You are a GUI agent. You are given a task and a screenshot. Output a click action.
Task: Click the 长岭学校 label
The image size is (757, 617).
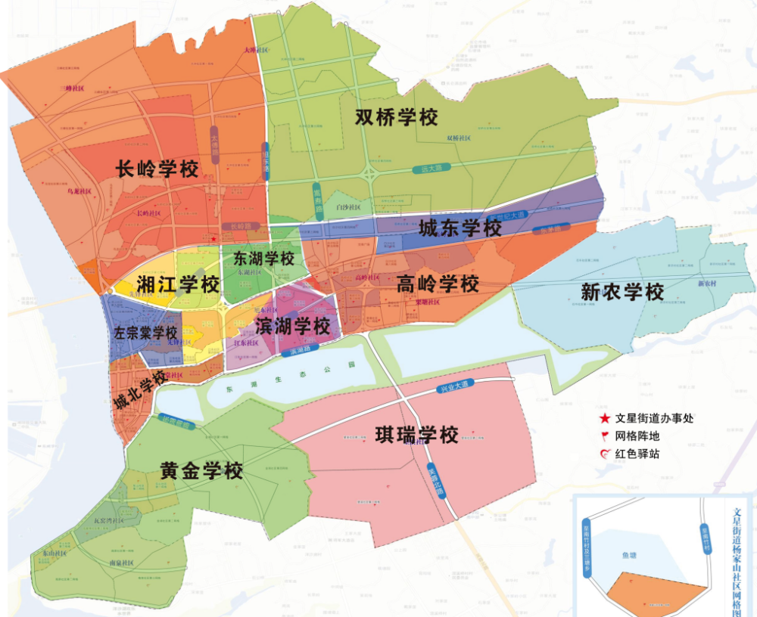point(157,169)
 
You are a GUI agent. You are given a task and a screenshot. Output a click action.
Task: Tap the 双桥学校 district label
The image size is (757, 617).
point(397,118)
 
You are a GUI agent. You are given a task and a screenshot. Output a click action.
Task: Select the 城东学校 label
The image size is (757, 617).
point(460,228)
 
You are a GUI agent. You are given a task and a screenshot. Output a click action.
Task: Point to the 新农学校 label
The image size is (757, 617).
point(622,291)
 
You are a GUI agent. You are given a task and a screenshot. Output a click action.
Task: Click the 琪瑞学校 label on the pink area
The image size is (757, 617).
point(417,436)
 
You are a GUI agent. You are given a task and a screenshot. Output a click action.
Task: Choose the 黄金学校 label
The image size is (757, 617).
point(201,471)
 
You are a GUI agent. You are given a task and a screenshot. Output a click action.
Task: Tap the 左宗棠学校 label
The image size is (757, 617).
point(145,333)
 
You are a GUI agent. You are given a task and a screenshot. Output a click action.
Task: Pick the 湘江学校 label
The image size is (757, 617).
point(179,285)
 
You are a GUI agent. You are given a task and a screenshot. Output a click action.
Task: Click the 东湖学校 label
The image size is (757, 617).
point(263,259)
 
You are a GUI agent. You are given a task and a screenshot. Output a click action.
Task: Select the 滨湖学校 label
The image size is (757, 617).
point(294,327)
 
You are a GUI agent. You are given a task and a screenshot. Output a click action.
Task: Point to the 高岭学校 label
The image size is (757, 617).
point(438,284)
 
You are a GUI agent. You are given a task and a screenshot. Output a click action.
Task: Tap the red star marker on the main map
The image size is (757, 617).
point(215,239)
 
